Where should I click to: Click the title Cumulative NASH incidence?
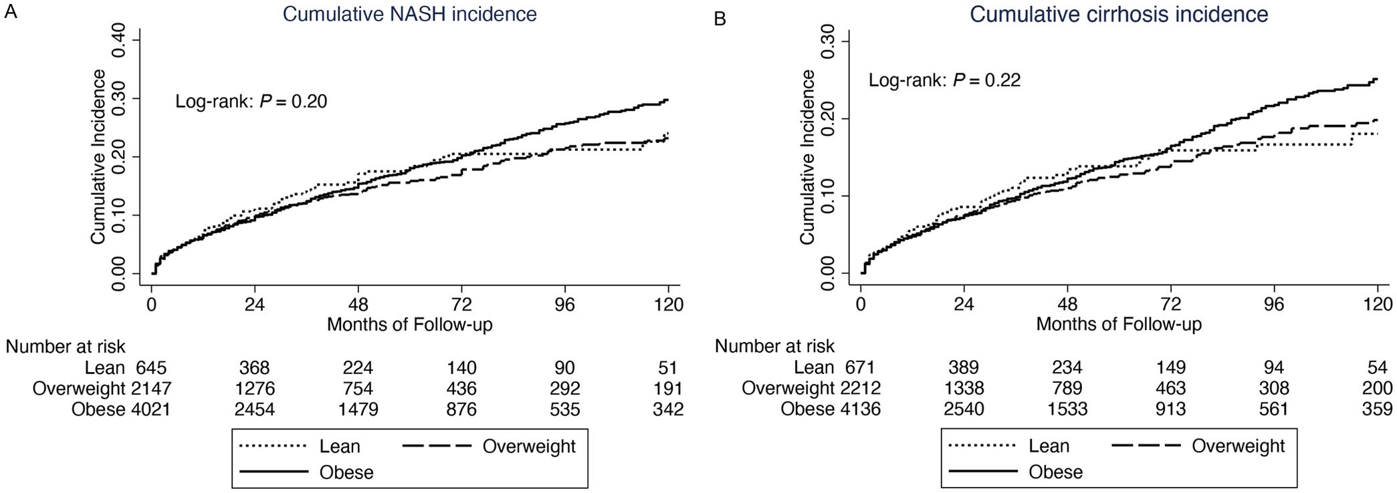409,14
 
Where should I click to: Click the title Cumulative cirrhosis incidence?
1119,14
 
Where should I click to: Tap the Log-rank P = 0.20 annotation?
251,102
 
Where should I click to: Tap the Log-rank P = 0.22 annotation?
944,81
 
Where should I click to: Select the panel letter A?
10,11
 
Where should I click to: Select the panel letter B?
720,19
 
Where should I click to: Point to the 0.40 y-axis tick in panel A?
117,39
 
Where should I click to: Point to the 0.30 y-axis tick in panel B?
827,41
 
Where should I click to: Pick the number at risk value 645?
151,368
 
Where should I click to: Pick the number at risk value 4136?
860,409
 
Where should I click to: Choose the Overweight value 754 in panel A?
358,389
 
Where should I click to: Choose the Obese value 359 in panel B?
1377,409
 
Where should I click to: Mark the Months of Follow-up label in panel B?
1119,325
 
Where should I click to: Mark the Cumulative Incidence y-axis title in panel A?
98,157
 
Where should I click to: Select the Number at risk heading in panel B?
774,346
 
